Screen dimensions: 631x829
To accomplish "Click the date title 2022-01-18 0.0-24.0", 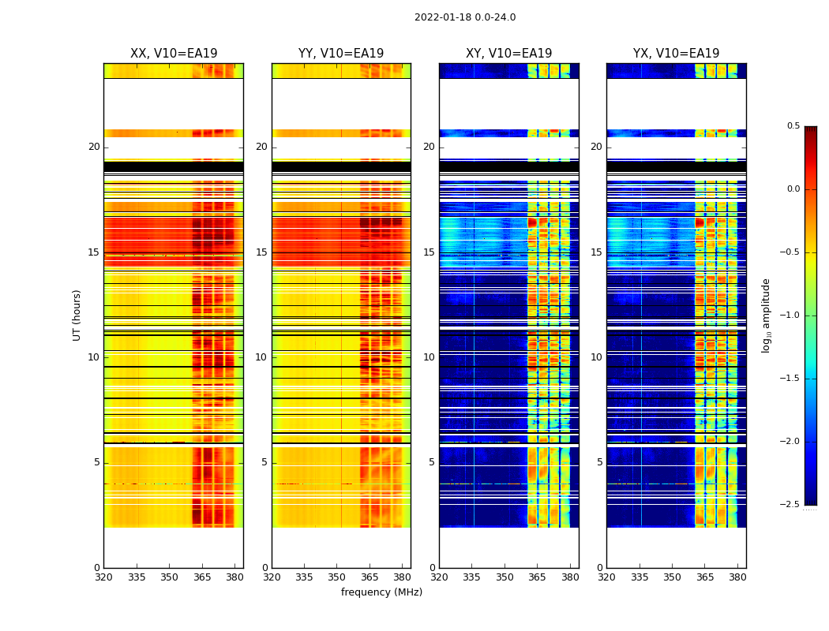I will (465, 17).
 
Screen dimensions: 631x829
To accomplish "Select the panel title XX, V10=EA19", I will (174, 54).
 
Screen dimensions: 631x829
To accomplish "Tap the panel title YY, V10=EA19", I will (341, 54).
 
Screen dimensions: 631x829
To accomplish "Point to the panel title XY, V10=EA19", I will (508, 54).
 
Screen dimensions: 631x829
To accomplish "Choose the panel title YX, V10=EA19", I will (676, 54).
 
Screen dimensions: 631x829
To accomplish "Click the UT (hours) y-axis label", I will (77, 315).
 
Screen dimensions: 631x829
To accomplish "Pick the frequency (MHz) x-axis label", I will (381, 592).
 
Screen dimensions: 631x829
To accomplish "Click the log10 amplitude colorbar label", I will (766, 315).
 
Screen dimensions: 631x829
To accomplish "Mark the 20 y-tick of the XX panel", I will (94, 147).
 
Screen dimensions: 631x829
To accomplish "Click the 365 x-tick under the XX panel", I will (202, 577).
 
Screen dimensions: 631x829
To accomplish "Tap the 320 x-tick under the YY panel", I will (272, 577).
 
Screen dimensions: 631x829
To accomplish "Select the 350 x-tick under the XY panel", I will (505, 577).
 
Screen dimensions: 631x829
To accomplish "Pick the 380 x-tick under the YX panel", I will (737, 577).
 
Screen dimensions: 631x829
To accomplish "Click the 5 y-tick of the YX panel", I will (599, 462).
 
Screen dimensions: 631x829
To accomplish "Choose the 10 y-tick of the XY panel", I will (429, 357).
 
